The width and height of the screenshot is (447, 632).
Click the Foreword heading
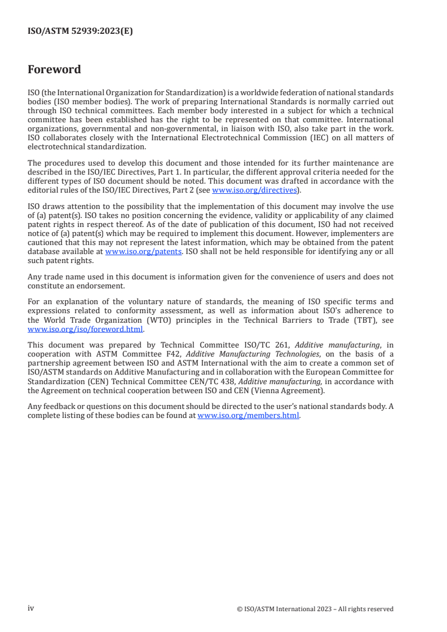pyautogui.click(x=54, y=70)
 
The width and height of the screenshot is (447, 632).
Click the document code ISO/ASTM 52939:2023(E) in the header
pyautogui.click(x=80, y=32)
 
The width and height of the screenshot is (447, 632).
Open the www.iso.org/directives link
pyautogui.click(x=254, y=190)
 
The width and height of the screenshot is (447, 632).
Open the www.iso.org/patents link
pyautogui.click(x=143, y=252)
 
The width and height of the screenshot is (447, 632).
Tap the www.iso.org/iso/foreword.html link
pyautogui.click(x=85, y=329)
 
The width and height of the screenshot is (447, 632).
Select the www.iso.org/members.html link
pyautogui.click(x=248, y=416)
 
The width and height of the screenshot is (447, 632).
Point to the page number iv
pyautogui.click(x=31, y=608)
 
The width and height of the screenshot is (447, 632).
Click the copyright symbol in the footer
pyautogui.click(x=240, y=609)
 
